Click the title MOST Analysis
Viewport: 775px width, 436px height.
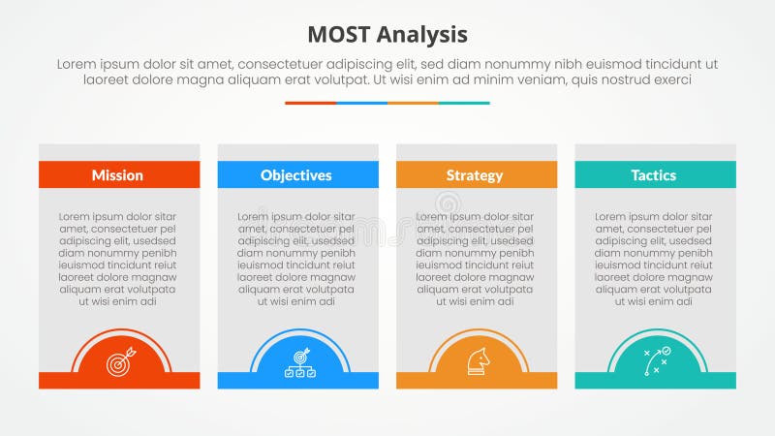click(x=387, y=35)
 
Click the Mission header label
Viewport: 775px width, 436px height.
click(x=117, y=175)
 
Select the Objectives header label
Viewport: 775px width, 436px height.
click(x=296, y=175)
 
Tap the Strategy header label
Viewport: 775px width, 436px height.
click(x=475, y=175)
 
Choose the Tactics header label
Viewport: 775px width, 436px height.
click(x=654, y=175)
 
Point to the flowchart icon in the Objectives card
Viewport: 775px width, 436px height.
click(x=297, y=361)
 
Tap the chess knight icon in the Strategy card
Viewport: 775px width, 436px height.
click(x=477, y=361)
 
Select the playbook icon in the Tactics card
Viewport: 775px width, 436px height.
click(x=656, y=360)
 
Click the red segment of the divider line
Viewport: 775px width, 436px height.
click(x=310, y=103)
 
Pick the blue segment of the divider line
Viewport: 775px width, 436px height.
click(x=361, y=103)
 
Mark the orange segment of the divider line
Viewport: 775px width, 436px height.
click(x=413, y=103)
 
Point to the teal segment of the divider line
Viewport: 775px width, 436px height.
click(x=464, y=103)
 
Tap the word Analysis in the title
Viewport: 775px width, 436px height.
click(x=423, y=35)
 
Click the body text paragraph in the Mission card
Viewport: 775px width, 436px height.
click(x=118, y=259)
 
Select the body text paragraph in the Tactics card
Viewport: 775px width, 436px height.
click(x=655, y=259)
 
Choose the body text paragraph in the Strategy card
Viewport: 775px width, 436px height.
click(x=476, y=259)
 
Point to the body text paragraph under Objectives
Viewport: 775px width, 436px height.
click(x=296, y=259)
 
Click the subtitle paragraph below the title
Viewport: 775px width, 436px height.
click(x=387, y=72)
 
